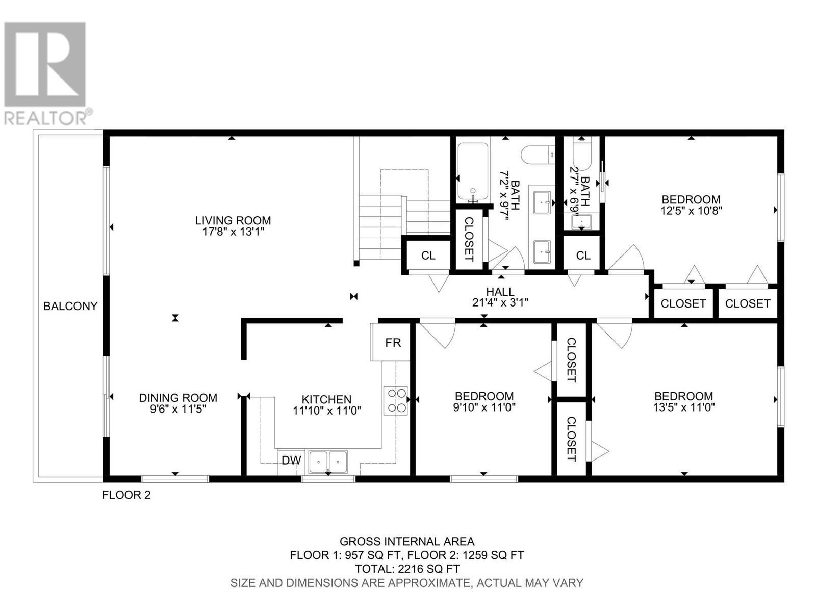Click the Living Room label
tap(233, 220)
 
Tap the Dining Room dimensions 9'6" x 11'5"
tap(178, 409)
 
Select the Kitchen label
tap(326, 399)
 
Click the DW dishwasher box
tap(291, 461)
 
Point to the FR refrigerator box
tap(390, 342)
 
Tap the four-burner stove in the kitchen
tap(396, 400)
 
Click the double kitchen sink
tap(328, 462)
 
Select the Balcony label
tap(70, 306)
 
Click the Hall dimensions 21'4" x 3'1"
tap(500, 302)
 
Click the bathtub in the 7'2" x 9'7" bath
tap(472, 172)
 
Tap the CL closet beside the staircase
tap(428, 256)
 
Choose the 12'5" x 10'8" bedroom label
tap(691, 205)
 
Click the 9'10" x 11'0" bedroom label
tap(484, 402)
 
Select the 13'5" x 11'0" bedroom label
tap(684, 402)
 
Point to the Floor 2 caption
tap(126, 495)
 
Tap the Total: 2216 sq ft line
tap(407, 569)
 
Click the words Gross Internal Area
tap(407, 541)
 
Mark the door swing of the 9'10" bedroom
tap(437, 335)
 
